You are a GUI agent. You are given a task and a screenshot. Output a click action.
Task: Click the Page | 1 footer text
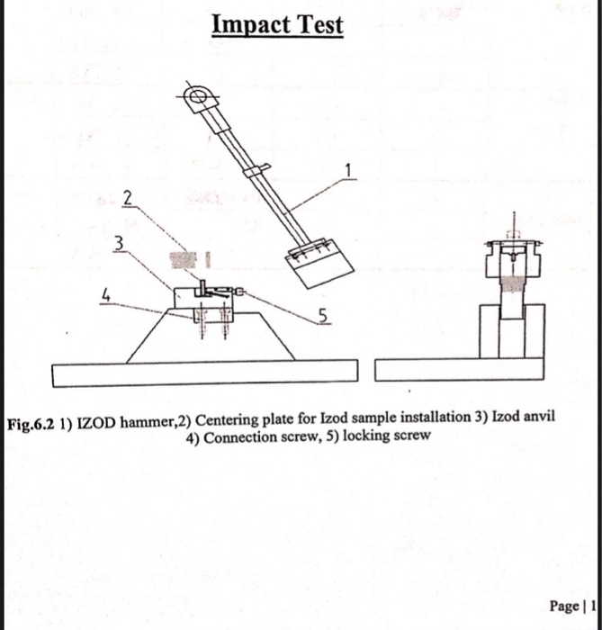point(575,605)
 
